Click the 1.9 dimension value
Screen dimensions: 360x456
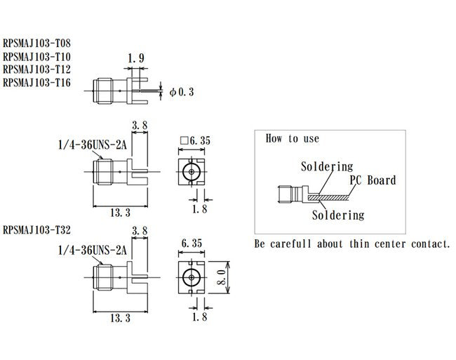tap(137, 60)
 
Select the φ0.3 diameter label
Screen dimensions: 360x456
tap(181, 91)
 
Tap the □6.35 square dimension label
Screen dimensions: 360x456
tap(196, 140)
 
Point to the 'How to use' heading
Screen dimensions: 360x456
tap(292, 138)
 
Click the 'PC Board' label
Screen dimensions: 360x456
tap(373, 180)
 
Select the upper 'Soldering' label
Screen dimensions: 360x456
tap(326, 167)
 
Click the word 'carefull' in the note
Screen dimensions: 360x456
tap(296, 244)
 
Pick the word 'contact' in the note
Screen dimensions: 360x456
tap(423, 244)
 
